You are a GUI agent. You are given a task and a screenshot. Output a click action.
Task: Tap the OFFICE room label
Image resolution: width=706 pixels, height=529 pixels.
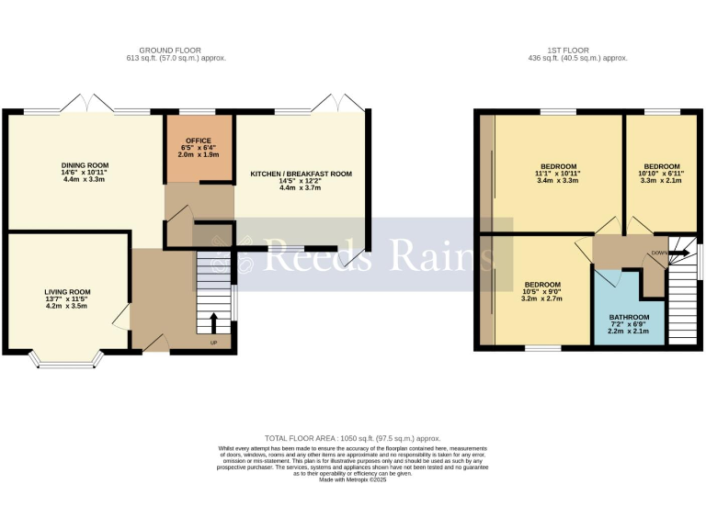(x=199, y=141)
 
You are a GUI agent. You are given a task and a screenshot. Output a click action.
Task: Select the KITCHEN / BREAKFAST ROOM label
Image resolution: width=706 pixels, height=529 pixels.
(x=301, y=174)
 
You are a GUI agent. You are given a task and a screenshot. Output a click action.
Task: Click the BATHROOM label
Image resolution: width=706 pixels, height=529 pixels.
(x=629, y=317)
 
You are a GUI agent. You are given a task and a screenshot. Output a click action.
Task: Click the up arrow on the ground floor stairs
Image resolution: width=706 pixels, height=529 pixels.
(x=214, y=321)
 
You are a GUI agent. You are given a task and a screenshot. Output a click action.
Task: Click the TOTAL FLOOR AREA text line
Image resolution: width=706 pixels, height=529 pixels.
(x=353, y=439)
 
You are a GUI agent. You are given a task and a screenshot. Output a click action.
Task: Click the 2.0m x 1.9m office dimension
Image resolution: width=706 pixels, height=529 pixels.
(x=199, y=154)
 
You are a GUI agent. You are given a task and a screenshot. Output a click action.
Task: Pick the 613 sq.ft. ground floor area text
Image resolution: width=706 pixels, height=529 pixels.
(x=176, y=58)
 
